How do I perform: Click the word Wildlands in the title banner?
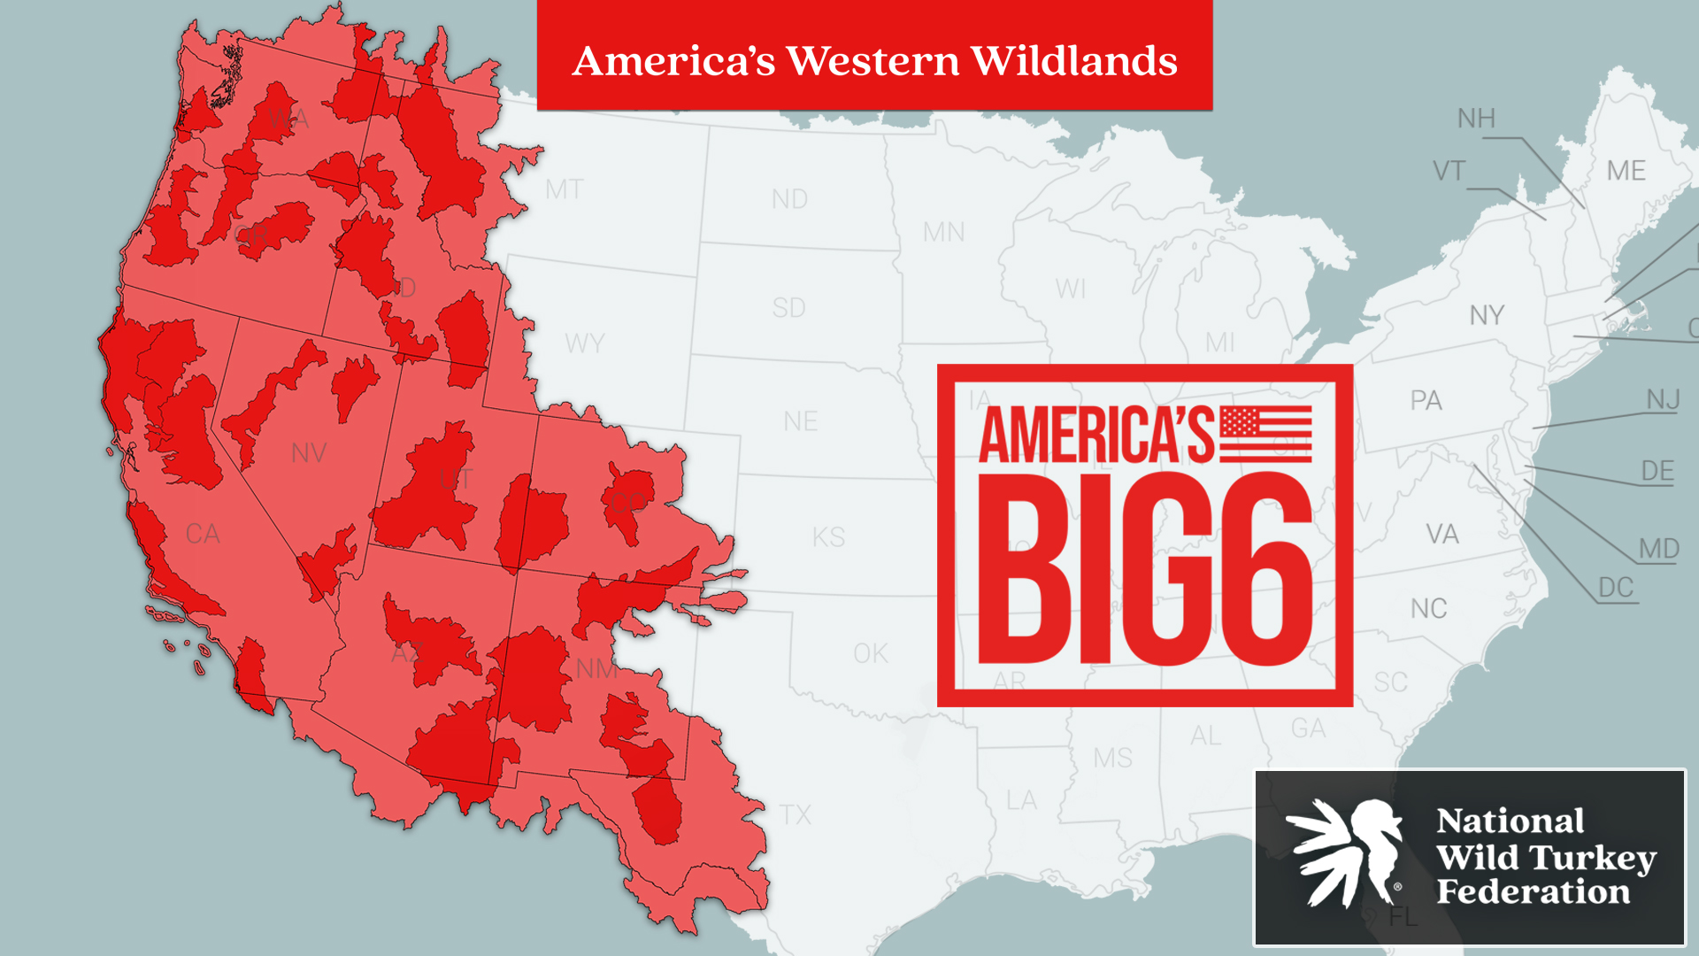[x=1073, y=61]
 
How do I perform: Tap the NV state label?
[x=309, y=453]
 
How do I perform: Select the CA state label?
[x=203, y=534]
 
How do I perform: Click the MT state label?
[x=564, y=189]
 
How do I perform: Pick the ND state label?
[x=789, y=199]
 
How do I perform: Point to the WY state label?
[x=584, y=343]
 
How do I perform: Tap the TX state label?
[x=795, y=814]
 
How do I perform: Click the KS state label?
[x=828, y=537]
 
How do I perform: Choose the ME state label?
[x=1626, y=171]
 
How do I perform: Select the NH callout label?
[x=1476, y=119]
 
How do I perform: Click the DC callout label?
[x=1615, y=588]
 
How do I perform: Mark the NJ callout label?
[x=1663, y=399]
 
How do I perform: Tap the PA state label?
[x=1426, y=400]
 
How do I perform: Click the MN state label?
[x=943, y=232]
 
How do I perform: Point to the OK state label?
[x=870, y=653]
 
